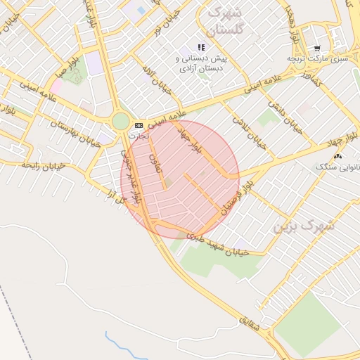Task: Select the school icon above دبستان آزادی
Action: (201, 47)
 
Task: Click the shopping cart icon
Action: (317, 49)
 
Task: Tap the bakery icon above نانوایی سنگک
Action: (340, 156)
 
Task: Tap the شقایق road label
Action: (256, 324)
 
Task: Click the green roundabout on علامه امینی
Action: (120, 121)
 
